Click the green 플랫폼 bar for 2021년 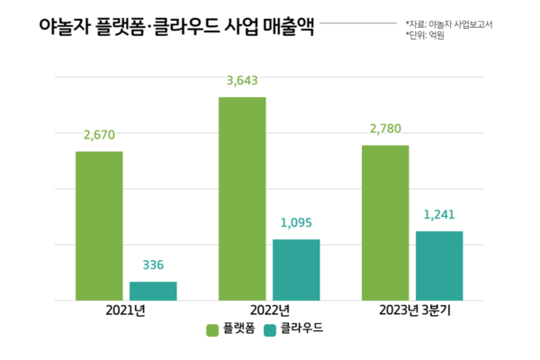(x=99, y=225)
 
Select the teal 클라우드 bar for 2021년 (x=153, y=290)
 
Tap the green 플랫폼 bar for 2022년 (x=242, y=198)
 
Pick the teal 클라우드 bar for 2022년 (x=296, y=269)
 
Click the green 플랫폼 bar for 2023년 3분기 (x=385, y=222)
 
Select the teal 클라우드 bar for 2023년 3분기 (x=439, y=265)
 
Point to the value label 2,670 (x=99, y=135)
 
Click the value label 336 (x=153, y=265)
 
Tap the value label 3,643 (x=242, y=80)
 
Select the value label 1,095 (x=296, y=222)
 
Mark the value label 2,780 (x=385, y=129)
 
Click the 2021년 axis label (x=125, y=311)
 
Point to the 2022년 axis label (x=268, y=311)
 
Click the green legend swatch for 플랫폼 (x=213, y=330)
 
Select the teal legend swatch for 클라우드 (x=271, y=330)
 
